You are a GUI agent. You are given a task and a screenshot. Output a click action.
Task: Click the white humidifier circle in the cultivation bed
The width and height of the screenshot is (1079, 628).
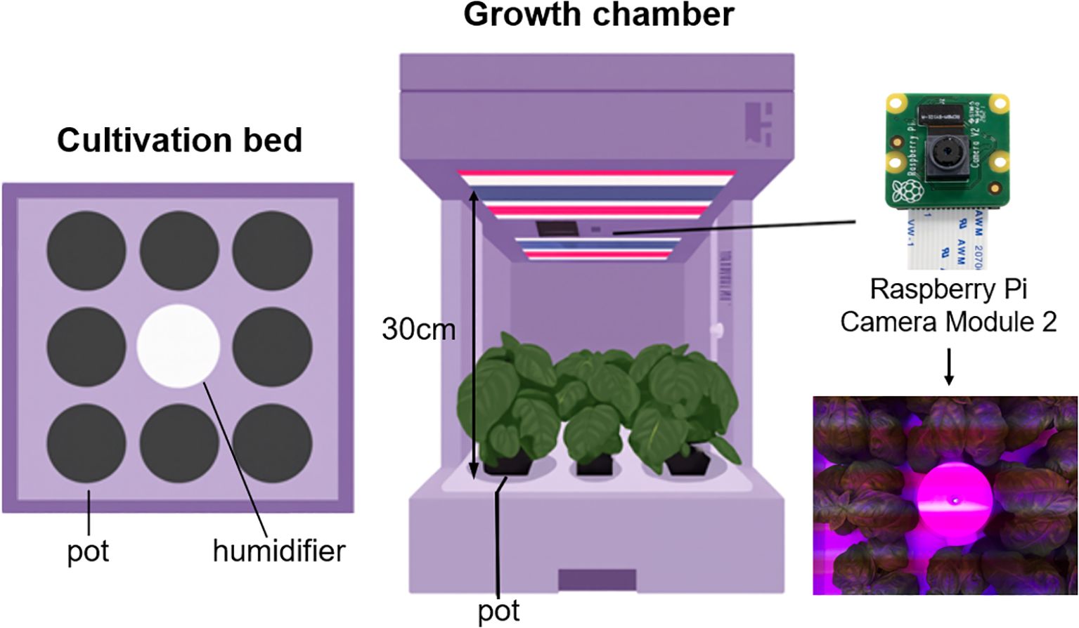point(179,346)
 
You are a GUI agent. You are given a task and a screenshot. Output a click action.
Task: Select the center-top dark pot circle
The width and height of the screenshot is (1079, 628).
point(179,250)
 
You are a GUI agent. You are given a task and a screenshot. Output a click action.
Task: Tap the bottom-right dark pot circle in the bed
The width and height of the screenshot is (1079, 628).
point(272,444)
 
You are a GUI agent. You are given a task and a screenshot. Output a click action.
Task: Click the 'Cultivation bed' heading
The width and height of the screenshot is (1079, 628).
point(179,140)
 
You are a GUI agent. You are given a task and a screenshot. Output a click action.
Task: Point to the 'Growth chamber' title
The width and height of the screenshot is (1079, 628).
point(599,15)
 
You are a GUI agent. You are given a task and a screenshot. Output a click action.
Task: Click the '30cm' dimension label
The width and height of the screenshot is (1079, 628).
point(418,329)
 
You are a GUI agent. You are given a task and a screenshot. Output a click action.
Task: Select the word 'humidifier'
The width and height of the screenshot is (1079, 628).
point(279,550)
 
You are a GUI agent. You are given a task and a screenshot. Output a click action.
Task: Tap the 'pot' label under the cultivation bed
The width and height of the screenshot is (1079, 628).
point(88,551)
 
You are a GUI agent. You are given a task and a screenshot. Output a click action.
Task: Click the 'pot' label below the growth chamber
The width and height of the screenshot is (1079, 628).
point(498,610)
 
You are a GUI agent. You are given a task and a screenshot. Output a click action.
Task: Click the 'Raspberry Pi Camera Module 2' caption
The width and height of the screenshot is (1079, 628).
point(948,305)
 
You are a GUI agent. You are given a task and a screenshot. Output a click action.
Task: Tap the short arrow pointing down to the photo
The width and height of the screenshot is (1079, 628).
point(949,366)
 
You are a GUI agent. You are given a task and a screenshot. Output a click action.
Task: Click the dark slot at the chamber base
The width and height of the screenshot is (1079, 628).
point(597,580)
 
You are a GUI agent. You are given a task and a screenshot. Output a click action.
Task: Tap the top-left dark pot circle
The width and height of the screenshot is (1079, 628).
point(86,250)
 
